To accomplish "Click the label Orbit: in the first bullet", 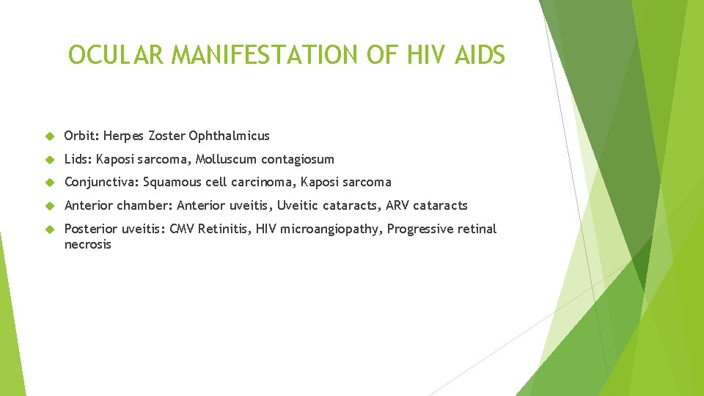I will tap(81, 136).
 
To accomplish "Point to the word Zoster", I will tap(166, 136).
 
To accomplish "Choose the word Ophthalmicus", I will tap(229, 136).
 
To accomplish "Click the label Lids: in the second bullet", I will tap(78, 159).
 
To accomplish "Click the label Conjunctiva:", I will tap(101, 182).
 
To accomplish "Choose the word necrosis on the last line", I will tap(87, 244).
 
